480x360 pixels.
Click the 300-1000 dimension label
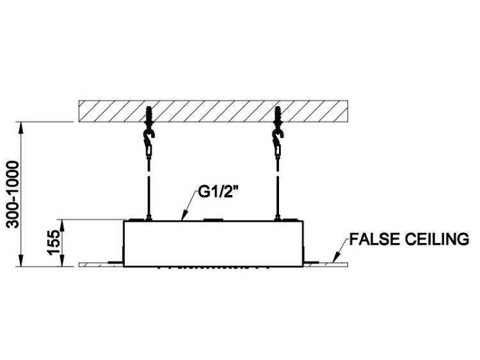pos(13,194)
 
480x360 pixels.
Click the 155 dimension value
pos(54,243)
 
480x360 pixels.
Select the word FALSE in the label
pos(375,239)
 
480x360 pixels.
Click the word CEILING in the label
pos(437,239)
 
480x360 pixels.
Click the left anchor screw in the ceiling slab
pos(149,116)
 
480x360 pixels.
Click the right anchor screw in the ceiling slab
pos(278,116)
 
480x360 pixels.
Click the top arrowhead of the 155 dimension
pos(63,226)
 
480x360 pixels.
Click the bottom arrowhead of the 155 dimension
pos(63,261)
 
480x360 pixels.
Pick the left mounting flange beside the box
pos(116,262)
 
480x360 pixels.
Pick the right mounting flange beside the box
pos(311,262)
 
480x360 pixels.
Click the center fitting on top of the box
pos(214,219)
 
